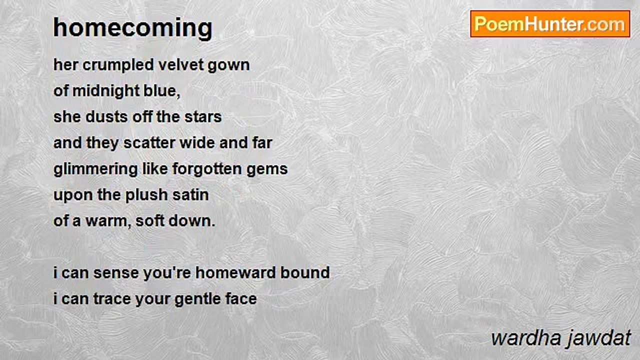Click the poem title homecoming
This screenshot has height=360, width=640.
133,28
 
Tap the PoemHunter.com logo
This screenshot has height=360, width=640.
550,24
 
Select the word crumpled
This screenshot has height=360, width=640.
118,65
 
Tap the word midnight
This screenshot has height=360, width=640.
105,91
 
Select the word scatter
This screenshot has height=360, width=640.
149,143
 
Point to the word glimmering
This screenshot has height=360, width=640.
95,169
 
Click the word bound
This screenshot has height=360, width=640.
305,273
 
